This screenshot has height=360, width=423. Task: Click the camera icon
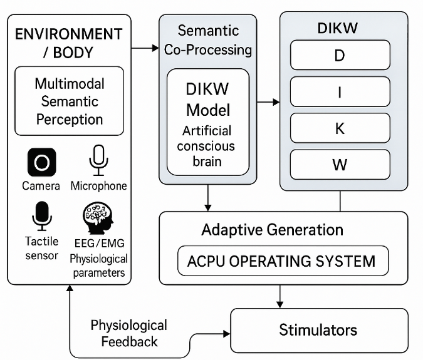click(x=41, y=163)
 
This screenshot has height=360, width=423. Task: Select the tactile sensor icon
click(x=41, y=217)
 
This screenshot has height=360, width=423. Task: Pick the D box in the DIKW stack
click(x=340, y=56)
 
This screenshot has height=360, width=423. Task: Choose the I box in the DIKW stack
click(x=340, y=92)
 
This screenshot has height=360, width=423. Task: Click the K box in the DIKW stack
click(x=340, y=128)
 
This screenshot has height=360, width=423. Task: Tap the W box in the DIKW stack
click(x=340, y=165)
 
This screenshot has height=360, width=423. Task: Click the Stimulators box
click(x=318, y=330)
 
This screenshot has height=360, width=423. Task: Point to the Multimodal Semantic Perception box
click(x=69, y=101)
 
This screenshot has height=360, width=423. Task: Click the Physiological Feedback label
click(x=129, y=333)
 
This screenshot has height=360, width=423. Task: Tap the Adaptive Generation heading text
click(x=272, y=230)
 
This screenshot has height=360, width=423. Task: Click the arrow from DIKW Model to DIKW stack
click(x=268, y=101)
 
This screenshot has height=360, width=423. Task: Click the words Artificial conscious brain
click(x=206, y=146)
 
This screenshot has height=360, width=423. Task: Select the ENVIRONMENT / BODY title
click(x=68, y=43)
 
